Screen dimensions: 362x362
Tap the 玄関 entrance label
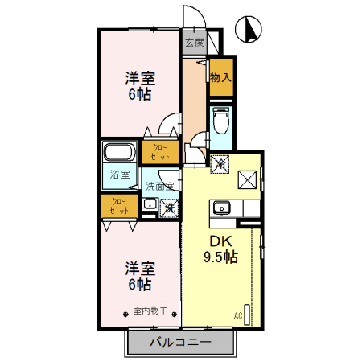pyautogui.click(x=194, y=43)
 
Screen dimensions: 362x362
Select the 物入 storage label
pyautogui.click(x=221, y=77)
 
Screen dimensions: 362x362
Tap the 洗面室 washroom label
pyautogui.click(x=160, y=187)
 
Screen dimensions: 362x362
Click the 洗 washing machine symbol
pyautogui.click(x=169, y=208)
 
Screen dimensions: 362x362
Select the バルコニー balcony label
pyautogui.click(x=181, y=342)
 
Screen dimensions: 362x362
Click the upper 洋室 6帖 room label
pyautogui.click(x=139, y=87)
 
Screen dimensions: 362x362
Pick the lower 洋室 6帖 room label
pyautogui.click(x=139, y=276)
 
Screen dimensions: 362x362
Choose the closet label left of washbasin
pyautogui.click(x=119, y=205)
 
